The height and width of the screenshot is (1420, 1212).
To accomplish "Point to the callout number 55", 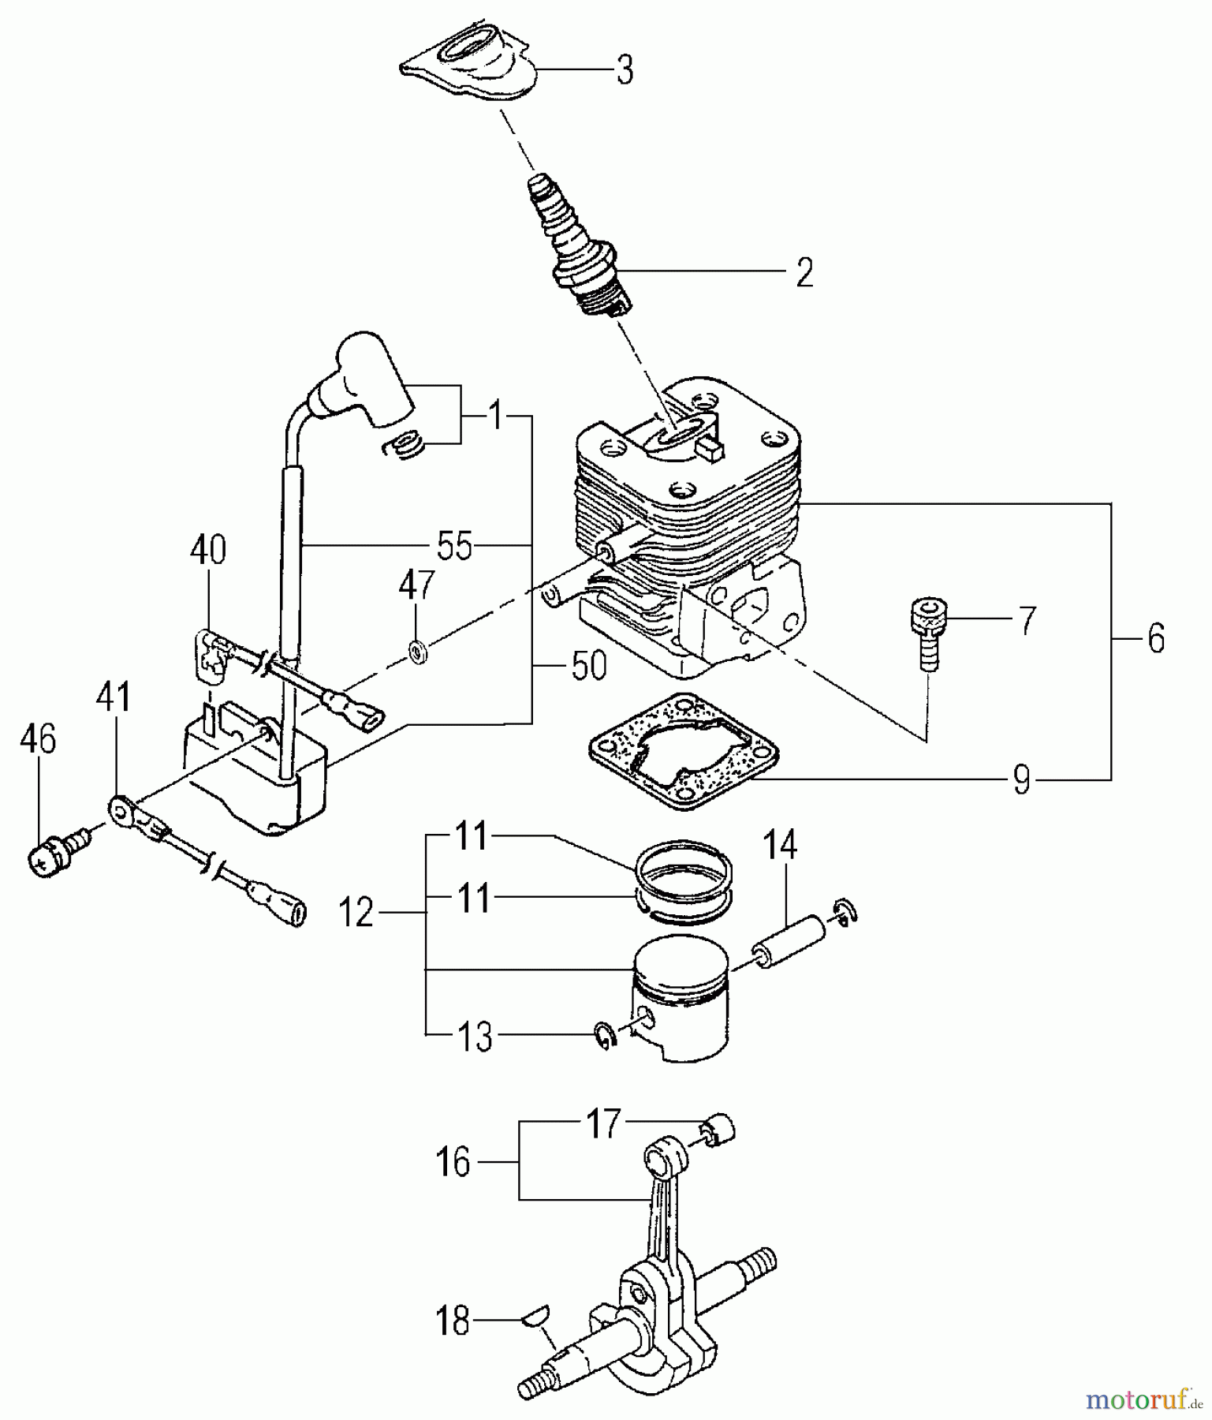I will [x=455, y=545].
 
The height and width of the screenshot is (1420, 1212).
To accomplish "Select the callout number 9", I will [x=1020, y=780].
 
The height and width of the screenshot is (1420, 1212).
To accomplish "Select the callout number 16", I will [x=453, y=1162].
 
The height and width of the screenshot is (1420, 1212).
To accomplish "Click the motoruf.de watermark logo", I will [x=1144, y=1399].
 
